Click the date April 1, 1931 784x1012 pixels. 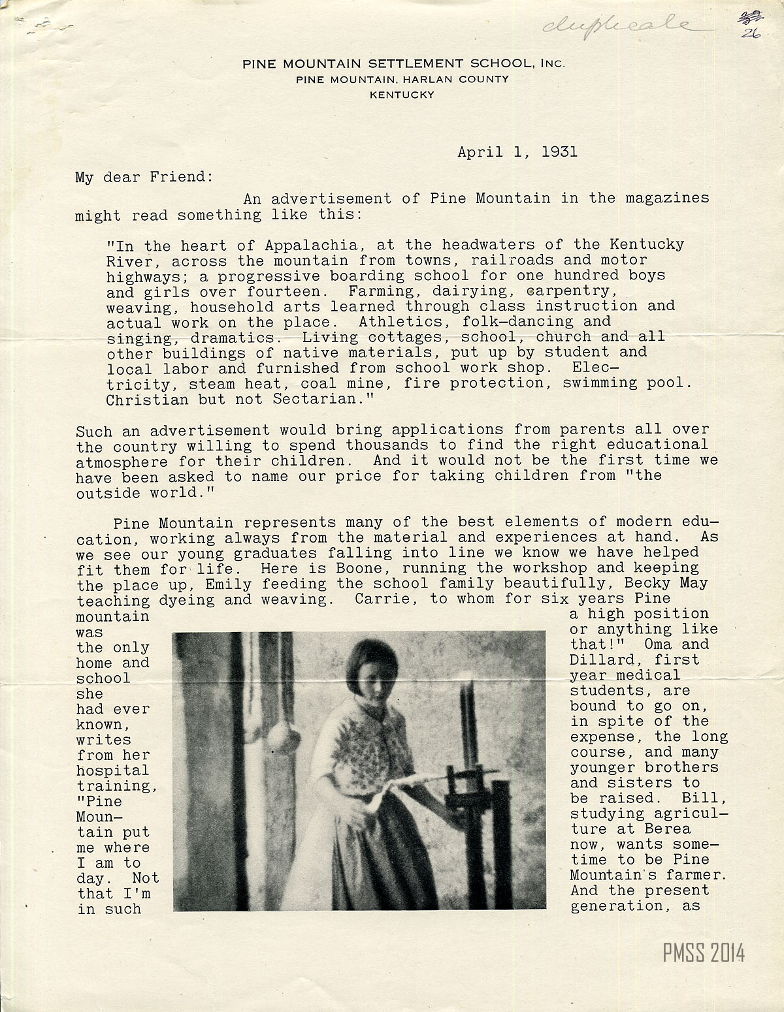pyautogui.click(x=517, y=152)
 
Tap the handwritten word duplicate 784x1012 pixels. pyautogui.click(x=614, y=25)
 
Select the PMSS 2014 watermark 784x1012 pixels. pyautogui.click(x=704, y=954)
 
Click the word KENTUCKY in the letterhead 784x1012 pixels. pyautogui.click(x=402, y=95)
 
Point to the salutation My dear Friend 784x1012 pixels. pyautogui.click(x=140, y=177)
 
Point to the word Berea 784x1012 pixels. pyautogui.click(x=667, y=829)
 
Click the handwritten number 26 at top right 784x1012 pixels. pyautogui.click(x=751, y=35)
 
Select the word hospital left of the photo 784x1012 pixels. pyautogui.click(x=113, y=770)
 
